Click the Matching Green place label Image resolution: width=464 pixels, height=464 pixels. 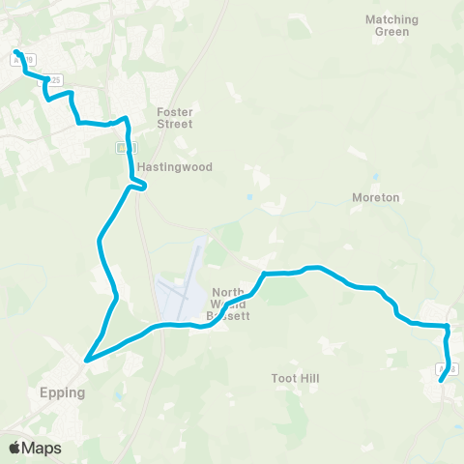392,25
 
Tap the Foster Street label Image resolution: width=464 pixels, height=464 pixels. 175,118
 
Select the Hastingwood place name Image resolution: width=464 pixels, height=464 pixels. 174,167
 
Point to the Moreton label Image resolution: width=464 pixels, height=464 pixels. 376,197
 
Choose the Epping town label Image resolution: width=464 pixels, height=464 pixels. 64,393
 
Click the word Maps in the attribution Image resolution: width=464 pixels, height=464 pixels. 42,448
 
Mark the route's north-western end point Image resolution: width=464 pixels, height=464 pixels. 17,51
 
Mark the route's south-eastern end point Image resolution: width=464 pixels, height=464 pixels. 442,380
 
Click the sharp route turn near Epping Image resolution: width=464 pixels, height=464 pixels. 87,360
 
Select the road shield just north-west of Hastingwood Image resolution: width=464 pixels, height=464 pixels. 122,147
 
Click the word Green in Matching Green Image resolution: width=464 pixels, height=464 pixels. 392,32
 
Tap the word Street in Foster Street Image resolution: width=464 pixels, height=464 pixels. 175,124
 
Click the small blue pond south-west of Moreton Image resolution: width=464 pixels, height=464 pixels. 249,198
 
